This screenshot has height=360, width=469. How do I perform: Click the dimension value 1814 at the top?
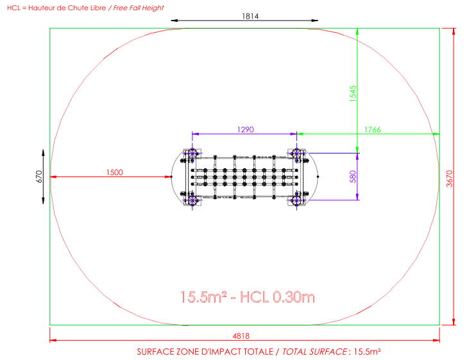[x=250, y=16]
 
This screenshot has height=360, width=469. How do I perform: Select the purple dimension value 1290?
[x=245, y=130]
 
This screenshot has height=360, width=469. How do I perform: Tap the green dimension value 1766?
[x=372, y=130]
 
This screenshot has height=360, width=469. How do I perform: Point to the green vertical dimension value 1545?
[x=353, y=94]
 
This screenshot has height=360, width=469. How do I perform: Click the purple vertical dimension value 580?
[x=353, y=176]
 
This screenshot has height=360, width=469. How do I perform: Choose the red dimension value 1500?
[x=115, y=173]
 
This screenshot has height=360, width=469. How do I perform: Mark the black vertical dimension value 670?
[x=39, y=176]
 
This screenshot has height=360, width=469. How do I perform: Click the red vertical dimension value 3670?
[x=450, y=178]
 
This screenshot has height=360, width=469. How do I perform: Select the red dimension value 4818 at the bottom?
[x=241, y=336]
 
